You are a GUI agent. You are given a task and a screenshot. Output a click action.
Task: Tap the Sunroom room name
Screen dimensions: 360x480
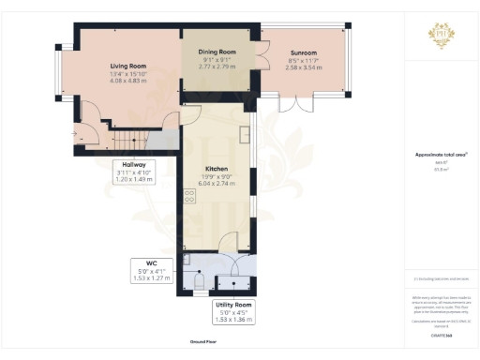point(302,53)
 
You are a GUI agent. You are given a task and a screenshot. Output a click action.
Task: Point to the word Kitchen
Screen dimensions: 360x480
point(217,170)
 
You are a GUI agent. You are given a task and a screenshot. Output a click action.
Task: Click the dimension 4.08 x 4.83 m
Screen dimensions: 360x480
point(128,82)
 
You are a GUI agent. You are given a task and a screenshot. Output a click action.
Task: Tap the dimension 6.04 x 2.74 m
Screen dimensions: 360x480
point(217,185)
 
